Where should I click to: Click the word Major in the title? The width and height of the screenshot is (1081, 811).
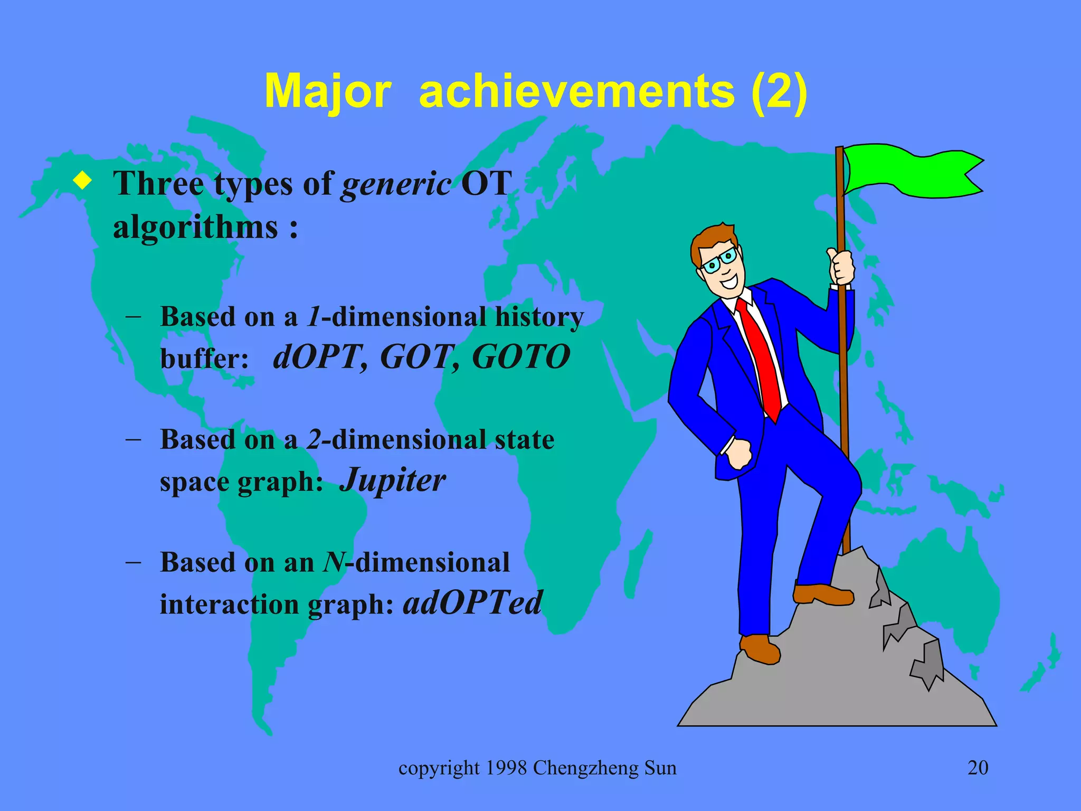pyautogui.click(x=328, y=92)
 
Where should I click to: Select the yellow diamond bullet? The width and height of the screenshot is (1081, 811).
pyautogui.click(x=82, y=181)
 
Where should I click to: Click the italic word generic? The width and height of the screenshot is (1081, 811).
pyautogui.click(x=396, y=185)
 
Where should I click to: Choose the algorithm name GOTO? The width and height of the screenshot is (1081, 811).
pyautogui.click(x=521, y=357)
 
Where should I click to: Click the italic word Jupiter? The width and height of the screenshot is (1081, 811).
pyautogui.click(x=393, y=480)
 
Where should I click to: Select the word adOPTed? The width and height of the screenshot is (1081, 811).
pyautogui.click(x=472, y=603)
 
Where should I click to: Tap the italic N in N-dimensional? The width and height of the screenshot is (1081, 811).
pyautogui.click(x=334, y=562)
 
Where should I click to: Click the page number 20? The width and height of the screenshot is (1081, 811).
pyautogui.click(x=978, y=768)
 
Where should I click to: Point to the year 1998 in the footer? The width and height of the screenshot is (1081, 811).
pyautogui.click(x=506, y=768)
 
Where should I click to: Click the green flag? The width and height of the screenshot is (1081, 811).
pyautogui.click(x=911, y=172)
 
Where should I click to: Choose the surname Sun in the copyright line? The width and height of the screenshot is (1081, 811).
pyautogui.click(x=660, y=768)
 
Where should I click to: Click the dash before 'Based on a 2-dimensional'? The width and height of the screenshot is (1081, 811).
pyautogui.click(x=134, y=439)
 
